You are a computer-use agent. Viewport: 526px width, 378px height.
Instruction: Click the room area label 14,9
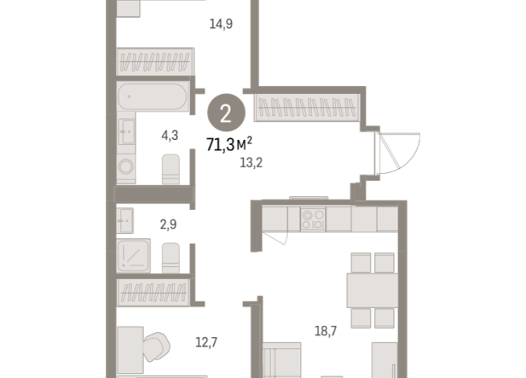(221, 23)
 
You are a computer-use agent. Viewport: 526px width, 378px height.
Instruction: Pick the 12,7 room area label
(208, 339)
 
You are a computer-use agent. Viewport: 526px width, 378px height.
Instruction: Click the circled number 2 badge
(225, 112)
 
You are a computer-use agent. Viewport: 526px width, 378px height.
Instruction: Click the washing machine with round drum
(127, 166)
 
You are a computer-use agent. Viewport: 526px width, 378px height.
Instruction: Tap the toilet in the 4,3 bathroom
(171, 169)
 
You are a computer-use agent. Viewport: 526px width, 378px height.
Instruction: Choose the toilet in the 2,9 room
(171, 257)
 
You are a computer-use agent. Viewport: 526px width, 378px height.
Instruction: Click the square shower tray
(134, 257)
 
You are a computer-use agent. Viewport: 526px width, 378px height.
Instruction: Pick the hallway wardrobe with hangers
(307, 109)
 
